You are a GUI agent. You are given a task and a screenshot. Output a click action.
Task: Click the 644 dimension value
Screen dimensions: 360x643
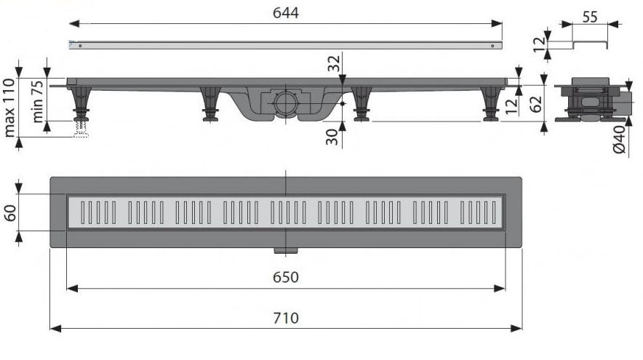(286, 13)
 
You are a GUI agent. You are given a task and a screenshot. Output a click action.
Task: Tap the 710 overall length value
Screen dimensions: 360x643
(286, 318)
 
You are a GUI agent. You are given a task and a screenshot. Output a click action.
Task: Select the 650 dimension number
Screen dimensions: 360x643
(286, 277)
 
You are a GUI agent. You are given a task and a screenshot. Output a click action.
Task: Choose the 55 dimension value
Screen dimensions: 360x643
(590, 16)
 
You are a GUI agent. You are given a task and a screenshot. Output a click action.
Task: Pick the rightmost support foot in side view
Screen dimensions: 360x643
(491, 103)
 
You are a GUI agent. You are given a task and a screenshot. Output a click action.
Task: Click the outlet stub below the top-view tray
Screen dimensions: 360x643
(286, 251)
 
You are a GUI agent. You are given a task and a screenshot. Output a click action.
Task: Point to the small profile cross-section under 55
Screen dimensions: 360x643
(590, 45)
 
